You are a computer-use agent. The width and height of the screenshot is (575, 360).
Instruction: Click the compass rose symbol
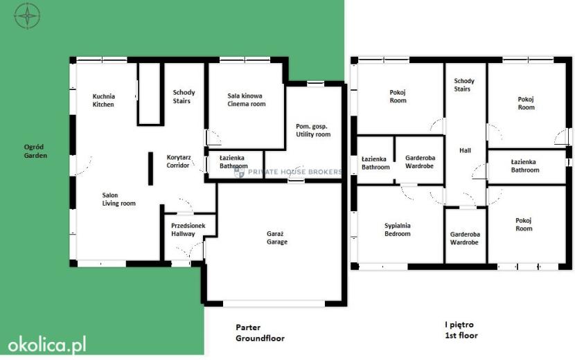pos(27,15)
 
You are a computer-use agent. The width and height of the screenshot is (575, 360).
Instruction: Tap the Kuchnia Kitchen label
pos(103,100)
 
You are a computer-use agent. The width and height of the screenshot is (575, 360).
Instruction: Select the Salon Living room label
pos(119,199)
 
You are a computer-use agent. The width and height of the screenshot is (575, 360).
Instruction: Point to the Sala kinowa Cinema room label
pos(246,100)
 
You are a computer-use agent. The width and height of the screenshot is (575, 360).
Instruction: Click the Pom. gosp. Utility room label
pos(313,131)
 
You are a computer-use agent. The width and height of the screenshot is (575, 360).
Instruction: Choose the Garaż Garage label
pos(277,238)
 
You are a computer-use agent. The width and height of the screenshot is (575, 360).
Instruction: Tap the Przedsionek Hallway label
pos(188,230)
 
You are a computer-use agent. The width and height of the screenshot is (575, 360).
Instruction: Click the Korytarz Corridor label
pos(179,161)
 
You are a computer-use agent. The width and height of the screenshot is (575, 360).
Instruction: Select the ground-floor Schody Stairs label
pos(184,96)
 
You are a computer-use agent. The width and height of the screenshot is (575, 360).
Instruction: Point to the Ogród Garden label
pos(35,151)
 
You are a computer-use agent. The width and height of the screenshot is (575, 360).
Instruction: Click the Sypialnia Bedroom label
pos(398,230)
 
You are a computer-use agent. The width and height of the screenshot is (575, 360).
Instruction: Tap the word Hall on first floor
pos(465,150)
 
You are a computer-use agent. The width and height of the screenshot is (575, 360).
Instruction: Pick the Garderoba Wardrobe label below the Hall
pos(465,238)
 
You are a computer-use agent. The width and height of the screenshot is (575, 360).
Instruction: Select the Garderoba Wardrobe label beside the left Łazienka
pos(420,162)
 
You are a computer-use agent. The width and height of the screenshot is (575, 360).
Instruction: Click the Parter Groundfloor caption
pos(260,333)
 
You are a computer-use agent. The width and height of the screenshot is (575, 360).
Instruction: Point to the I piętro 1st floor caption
pos(461,330)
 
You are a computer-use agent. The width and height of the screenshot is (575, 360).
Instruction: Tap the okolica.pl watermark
pos(47,345)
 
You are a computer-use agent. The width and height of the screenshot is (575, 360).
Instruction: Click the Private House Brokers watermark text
pos(288,172)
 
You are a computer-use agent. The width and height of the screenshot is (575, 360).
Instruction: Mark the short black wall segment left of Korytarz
pos(151,169)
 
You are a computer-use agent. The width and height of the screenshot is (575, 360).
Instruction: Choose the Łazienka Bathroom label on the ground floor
pos(233,162)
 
